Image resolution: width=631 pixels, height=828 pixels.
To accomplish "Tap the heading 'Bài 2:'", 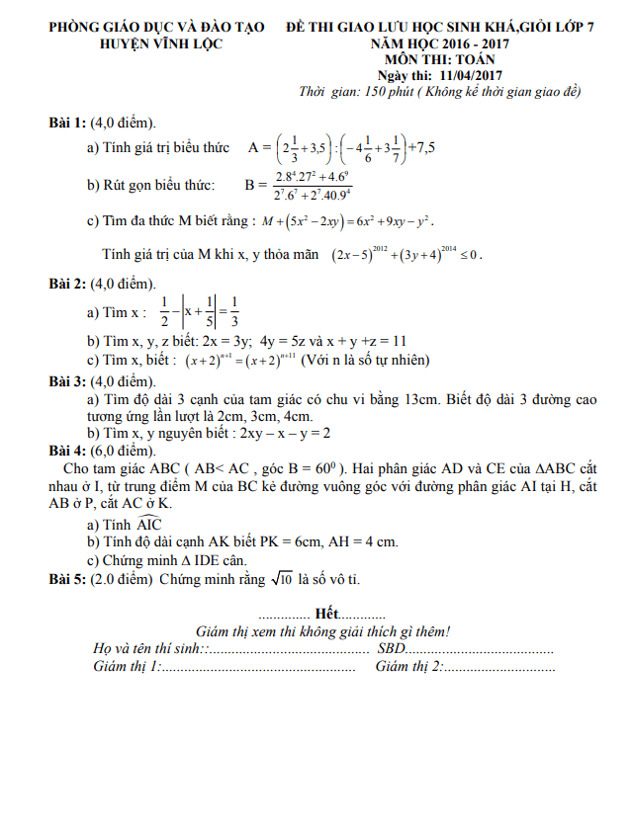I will click(x=67, y=285).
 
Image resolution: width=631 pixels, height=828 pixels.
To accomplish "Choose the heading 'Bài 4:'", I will click(x=67, y=450).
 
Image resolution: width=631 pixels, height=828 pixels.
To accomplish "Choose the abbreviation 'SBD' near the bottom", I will click(x=392, y=649).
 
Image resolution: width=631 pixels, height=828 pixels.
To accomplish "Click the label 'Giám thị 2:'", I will click(x=409, y=667).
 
